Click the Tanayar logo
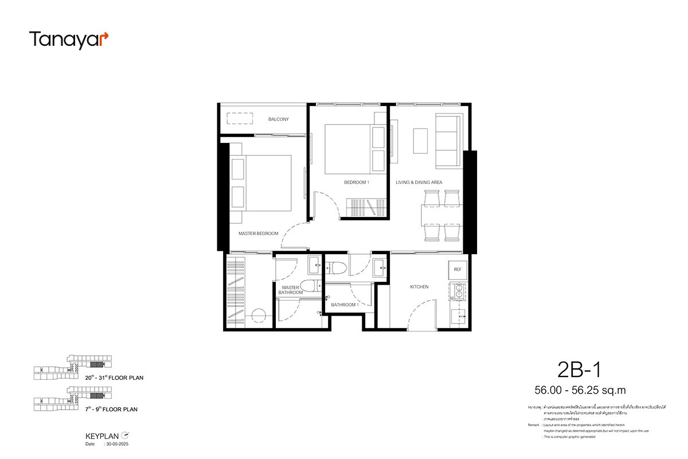coord(68,40)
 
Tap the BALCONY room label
coord(279,119)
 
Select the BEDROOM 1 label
coord(357,182)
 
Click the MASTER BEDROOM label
coord(258,234)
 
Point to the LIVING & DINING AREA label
coord(419,182)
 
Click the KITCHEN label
coord(419,287)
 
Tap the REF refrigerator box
coord(457,269)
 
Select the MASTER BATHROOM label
coord(291,290)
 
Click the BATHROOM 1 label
coord(344,305)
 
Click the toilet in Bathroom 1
coord(337,267)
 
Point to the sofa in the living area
coord(448,141)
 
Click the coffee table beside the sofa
coord(420,141)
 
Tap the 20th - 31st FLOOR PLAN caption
coord(114,378)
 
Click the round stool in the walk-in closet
coord(259,315)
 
